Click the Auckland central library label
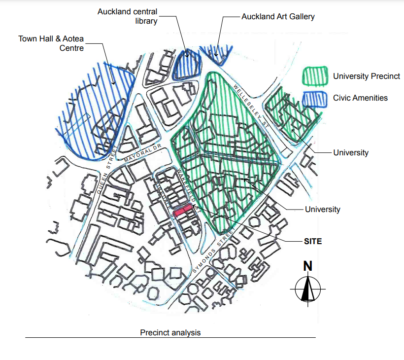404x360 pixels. tap(127, 16)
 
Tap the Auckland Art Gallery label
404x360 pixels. tap(278, 17)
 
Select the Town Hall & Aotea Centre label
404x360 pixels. tap(51, 43)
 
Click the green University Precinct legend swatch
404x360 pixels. tap(315, 76)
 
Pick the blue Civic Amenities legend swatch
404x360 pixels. tap(315, 98)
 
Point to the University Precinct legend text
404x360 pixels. tap(366, 76)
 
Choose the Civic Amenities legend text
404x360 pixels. tap(360, 98)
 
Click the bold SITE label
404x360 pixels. tap(312, 241)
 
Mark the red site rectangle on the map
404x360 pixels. tap(183, 211)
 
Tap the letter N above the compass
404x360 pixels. tap(308, 266)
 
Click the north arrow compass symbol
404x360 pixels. tap(308, 288)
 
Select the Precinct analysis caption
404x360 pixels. tap(170, 333)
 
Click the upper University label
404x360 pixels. tap(350, 152)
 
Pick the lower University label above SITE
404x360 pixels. tap(322, 209)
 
